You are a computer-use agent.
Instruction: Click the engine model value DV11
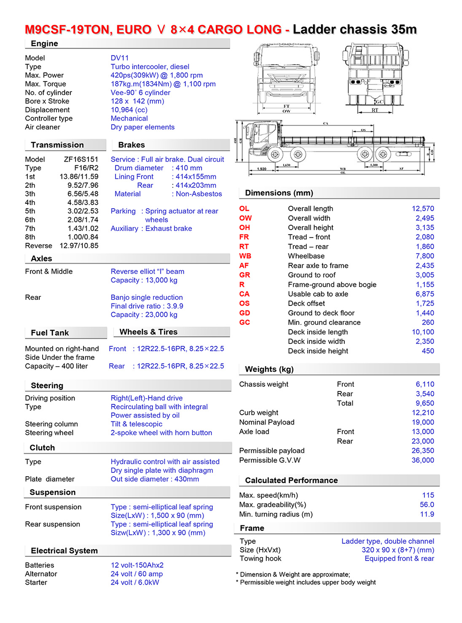pyautogui.click(x=120, y=58)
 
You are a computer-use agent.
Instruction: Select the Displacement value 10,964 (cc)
pyautogui.click(x=129, y=110)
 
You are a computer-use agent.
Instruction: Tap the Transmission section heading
pyautogui.click(x=57, y=145)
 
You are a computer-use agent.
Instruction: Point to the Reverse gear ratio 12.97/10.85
pyautogui.click(x=79, y=245)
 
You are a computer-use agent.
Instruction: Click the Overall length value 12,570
pyautogui.click(x=422, y=208)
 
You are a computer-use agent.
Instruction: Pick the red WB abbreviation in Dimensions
pyautogui.click(x=245, y=256)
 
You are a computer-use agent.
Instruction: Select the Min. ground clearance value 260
pyautogui.click(x=427, y=322)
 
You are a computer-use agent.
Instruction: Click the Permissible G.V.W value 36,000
pyautogui.click(x=422, y=460)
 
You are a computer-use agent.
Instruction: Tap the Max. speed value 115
pyautogui.click(x=428, y=495)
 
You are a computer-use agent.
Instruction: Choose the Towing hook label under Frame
pyautogui.click(x=260, y=558)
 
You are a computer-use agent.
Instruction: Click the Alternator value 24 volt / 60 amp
pyautogui.click(x=137, y=574)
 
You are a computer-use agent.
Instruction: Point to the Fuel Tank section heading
pyautogui.click(x=50, y=333)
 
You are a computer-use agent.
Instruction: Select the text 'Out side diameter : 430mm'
pyautogui.click(x=155, y=479)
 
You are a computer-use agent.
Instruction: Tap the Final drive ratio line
pyautogui.click(x=147, y=306)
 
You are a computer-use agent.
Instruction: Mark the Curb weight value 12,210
pyautogui.click(x=422, y=413)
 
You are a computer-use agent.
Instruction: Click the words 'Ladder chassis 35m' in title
pyautogui.click(x=355, y=30)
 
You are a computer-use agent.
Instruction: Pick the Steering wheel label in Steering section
pyautogui.click(x=49, y=433)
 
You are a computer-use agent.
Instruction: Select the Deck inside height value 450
pyautogui.click(x=427, y=351)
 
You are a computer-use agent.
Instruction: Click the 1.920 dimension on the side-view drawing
pyautogui.click(x=262, y=169)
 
